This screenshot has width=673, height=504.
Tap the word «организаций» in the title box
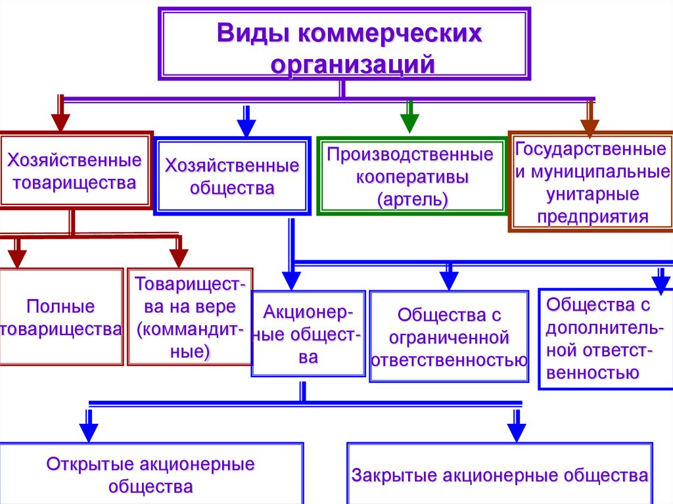pyautogui.click(x=353, y=64)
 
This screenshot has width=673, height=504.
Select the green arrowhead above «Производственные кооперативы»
pyautogui.click(x=409, y=124)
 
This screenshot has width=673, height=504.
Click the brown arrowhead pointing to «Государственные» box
pyautogui.click(x=590, y=128)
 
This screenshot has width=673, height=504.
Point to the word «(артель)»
pyautogui.click(x=413, y=200)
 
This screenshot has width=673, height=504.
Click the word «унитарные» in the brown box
pyautogui.click(x=592, y=195)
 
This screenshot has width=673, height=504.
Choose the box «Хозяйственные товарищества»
pyautogui.click(x=76, y=170)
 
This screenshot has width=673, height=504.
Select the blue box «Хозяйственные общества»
pyautogui.click(x=232, y=176)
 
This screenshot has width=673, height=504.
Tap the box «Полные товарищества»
pyautogui.click(x=60, y=317)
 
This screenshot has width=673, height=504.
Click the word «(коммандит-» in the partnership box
pyautogui.click(x=190, y=330)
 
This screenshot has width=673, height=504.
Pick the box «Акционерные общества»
pyautogui.click(x=308, y=334)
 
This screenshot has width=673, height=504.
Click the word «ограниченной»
pyautogui.click(x=449, y=338)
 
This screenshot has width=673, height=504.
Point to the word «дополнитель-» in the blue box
pyautogui.click(x=605, y=329)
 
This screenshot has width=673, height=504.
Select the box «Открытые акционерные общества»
pyautogui.click(x=151, y=474)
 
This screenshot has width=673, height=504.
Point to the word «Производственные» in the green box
pyautogui.click(x=410, y=154)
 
